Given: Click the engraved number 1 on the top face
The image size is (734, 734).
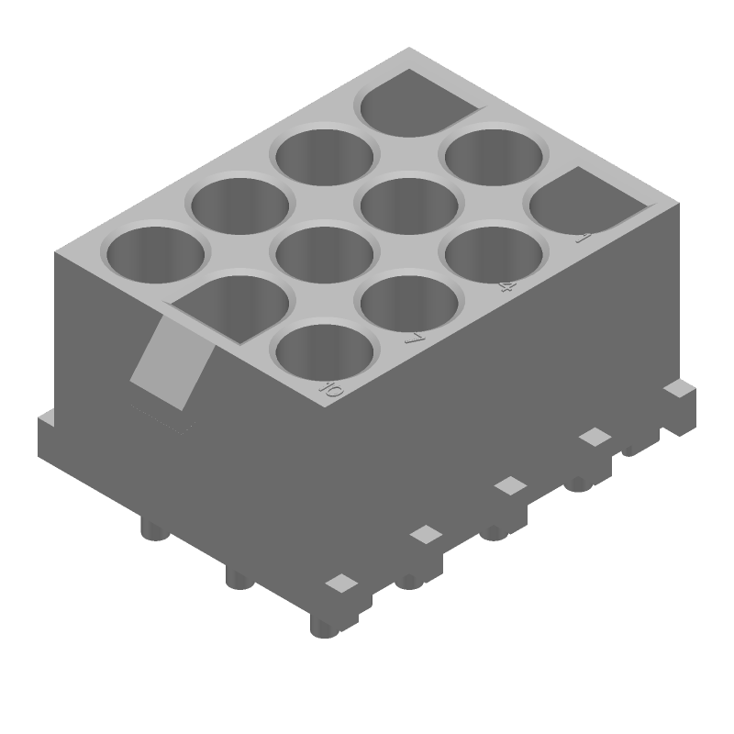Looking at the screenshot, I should (581, 239).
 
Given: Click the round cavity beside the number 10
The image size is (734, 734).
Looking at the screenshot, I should (325, 352).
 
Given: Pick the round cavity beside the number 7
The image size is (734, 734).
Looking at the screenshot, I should (409, 302).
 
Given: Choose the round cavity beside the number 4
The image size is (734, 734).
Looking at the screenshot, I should (493, 253).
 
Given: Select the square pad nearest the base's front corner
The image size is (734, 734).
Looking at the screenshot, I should (341, 583).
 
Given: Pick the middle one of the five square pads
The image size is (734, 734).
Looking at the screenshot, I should (510, 485).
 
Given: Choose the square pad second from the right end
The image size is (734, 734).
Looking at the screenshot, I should (595, 437).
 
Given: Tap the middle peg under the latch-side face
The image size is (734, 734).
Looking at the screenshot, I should (239, 577).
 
